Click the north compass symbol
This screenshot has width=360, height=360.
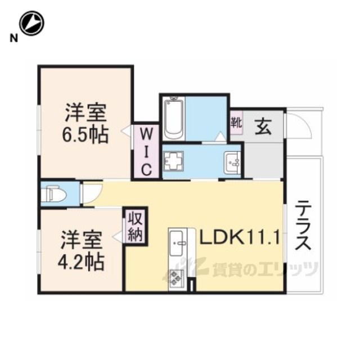point(31,24)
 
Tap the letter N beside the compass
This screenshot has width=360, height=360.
point(13,38)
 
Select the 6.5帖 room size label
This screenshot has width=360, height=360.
point(85,135)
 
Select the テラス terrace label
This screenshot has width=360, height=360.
point(303,225)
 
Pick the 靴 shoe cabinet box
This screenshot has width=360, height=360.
point(236,123)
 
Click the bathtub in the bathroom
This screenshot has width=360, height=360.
point(174,118)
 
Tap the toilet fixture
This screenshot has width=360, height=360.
point(54,193)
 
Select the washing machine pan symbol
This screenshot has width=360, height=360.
point(174,161)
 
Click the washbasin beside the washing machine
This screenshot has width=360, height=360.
point(233,163)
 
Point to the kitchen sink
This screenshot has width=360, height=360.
point(176,243)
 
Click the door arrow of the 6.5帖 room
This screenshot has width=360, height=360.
point(125,132)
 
